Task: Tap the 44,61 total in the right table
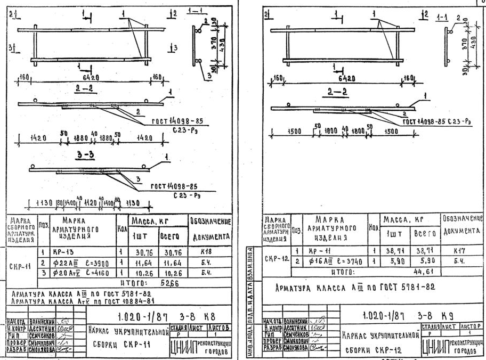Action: [x=424, y=271]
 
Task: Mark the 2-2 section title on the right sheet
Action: [x=337, y=92]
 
